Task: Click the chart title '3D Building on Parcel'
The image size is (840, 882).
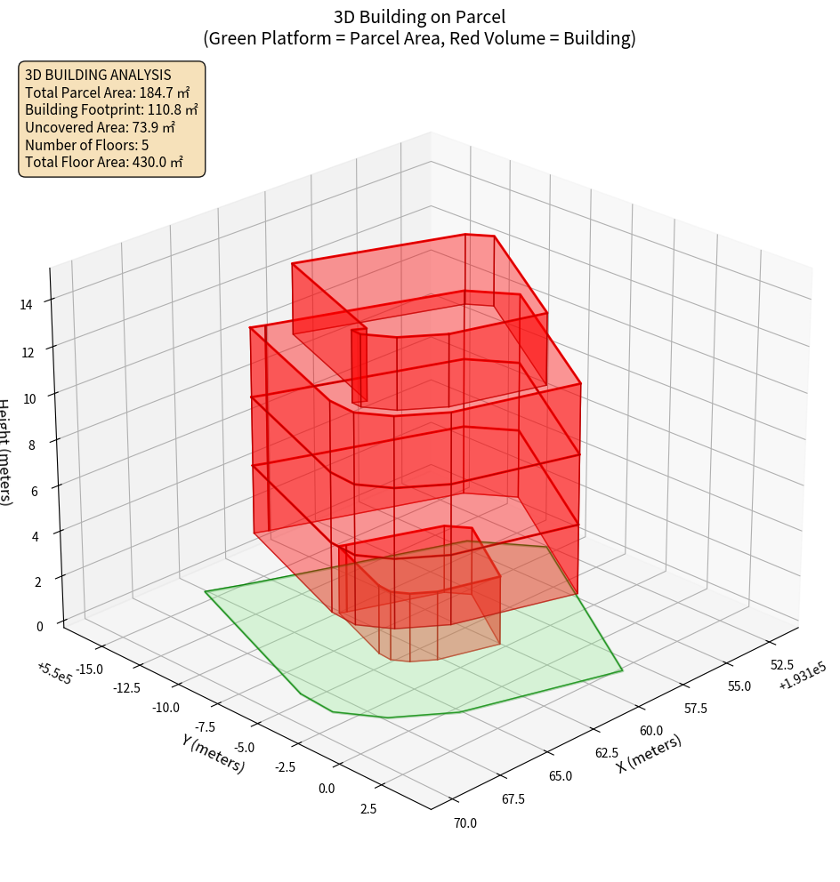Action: click(420, 17)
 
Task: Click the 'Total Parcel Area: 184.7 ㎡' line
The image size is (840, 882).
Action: click(108, 92)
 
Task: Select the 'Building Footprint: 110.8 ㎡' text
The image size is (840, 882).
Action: click(111, 109)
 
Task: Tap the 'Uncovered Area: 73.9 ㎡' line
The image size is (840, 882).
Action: click(100, 127)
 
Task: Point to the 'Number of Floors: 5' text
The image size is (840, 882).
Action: click(87, 145)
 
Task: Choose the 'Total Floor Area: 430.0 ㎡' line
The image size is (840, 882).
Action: click(104, 163)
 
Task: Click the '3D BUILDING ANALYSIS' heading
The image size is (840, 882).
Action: click(98, 74)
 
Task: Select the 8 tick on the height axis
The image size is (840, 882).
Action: click(32, 445)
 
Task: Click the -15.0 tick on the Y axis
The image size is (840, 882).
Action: click(91, 669)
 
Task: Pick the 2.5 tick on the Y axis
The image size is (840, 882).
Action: click(367, 808)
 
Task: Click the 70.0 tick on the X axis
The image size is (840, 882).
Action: click(464, 822)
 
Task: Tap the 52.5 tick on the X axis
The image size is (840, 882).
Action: click(781, 664)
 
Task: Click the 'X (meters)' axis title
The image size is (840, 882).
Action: click(650, 754)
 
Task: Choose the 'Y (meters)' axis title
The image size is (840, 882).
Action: click(213, 752)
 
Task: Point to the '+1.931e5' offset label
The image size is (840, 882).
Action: click(802, 680)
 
